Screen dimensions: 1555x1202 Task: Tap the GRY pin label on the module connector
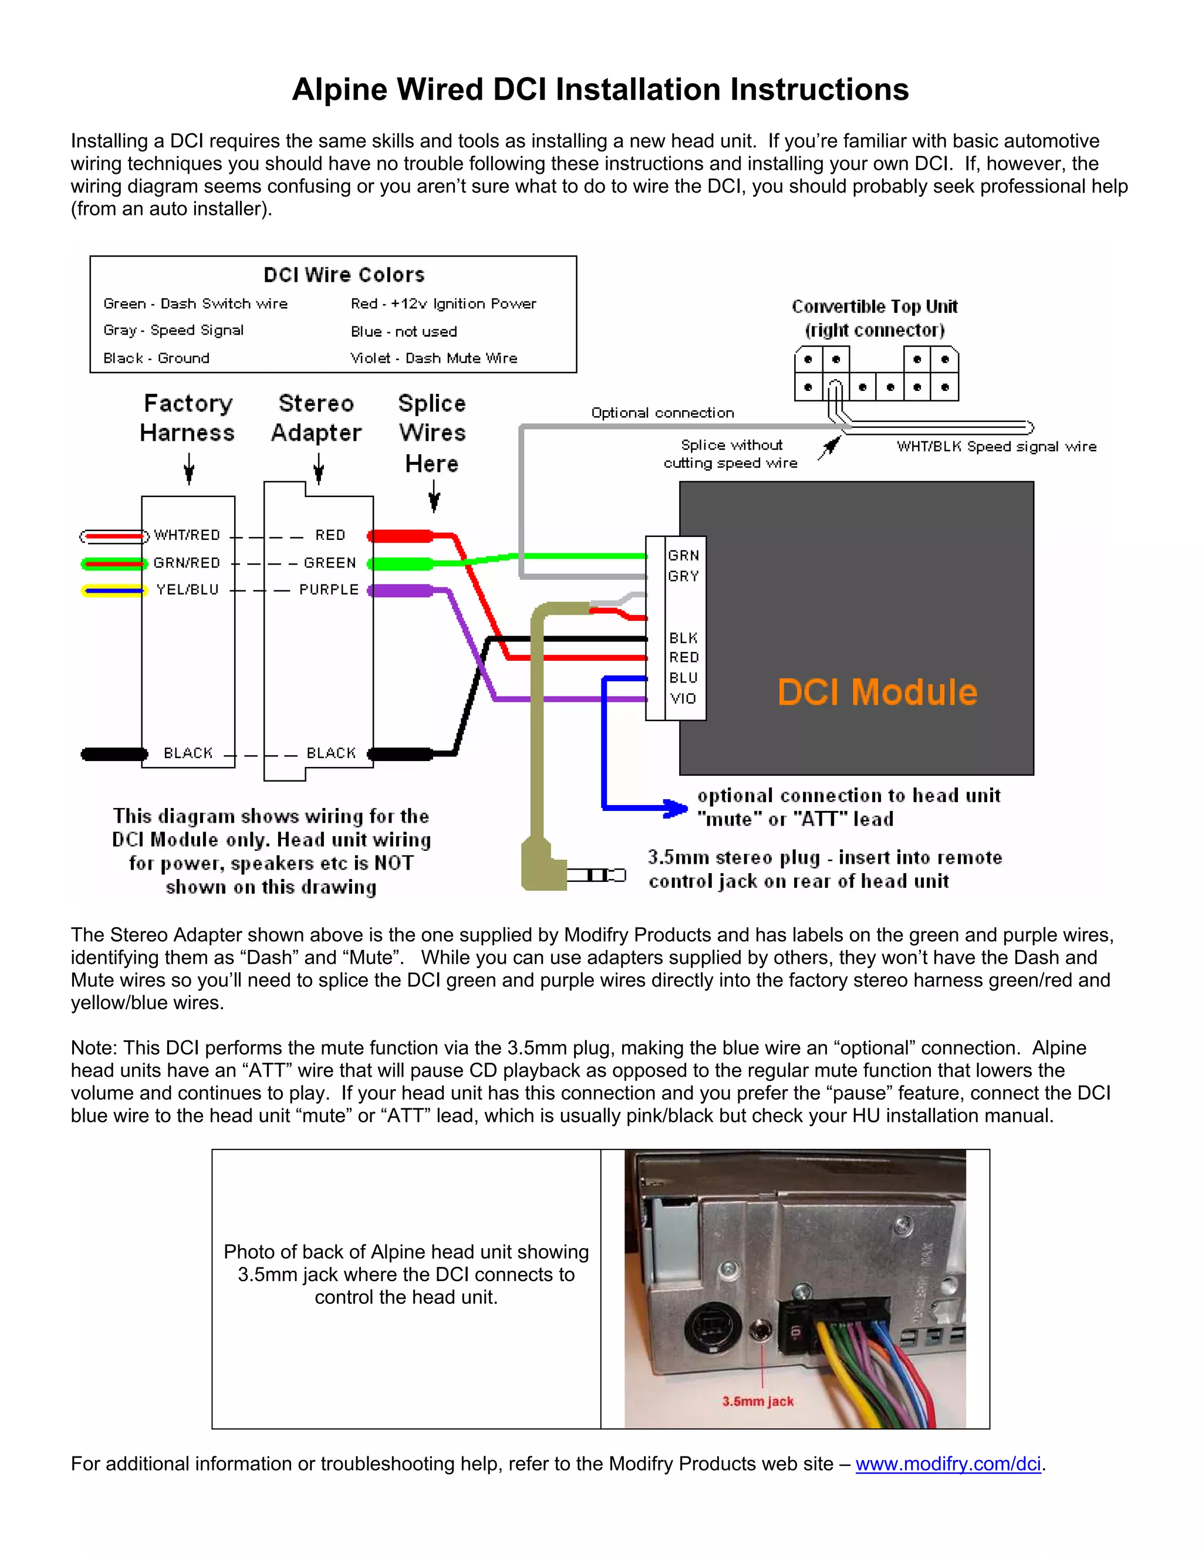(683, 576)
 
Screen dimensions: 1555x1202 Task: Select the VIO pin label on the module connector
(683, 698)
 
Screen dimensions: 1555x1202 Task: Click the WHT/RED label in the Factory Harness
(187, 535)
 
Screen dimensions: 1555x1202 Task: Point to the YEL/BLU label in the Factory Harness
(187, 590)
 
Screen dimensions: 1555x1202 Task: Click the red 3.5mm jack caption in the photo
(758, 1401)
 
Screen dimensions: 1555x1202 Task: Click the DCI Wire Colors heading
(344, 275)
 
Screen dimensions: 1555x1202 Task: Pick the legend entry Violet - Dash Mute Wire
(434, 358)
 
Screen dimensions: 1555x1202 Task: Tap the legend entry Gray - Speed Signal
(173, 330)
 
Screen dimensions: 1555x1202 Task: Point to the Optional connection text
(662, 413)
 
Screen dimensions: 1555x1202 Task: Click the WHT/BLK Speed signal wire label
(996, 447)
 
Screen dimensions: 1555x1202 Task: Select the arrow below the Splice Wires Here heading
(434, 496)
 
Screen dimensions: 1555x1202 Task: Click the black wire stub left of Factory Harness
(114, 754)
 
